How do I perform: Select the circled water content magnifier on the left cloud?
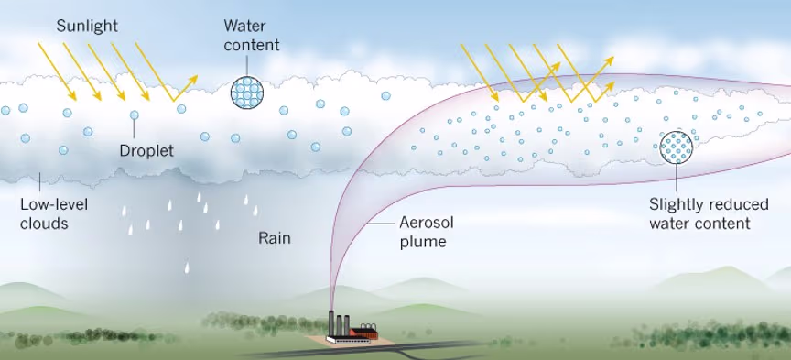click(248, 92)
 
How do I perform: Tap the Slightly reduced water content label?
click(699, 214)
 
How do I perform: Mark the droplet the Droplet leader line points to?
click(135, 115)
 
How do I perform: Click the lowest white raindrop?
click(187, 268)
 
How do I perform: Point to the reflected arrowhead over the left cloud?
click(193, 77)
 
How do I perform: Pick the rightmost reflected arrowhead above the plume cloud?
click(607, 60)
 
